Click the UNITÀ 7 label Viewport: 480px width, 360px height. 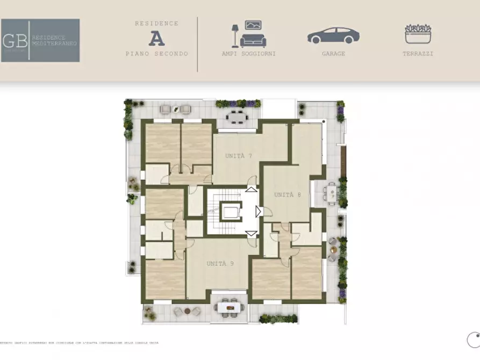pos(239,156)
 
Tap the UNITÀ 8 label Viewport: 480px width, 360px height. pos(288,195)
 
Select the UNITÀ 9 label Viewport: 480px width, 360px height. pos(220,263)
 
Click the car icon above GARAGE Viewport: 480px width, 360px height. pos(333,35)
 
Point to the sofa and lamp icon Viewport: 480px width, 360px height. pos(248,34)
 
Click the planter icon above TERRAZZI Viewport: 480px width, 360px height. pos(418,34)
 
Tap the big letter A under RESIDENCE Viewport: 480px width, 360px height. pos(156,38)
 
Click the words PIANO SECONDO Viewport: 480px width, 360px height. pos(156,54)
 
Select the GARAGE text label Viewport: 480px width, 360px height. pos(333,54)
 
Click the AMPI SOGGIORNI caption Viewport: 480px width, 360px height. pos(248,54)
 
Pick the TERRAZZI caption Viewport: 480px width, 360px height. pos(418,54)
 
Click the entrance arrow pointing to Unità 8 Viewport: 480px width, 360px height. pos(259,211)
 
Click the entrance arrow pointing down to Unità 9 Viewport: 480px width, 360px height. pos(251,233)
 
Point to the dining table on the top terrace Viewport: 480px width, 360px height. pos(235,117)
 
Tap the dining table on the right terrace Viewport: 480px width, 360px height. pos(332,191)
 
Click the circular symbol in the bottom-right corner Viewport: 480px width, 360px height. pos(474,340)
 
